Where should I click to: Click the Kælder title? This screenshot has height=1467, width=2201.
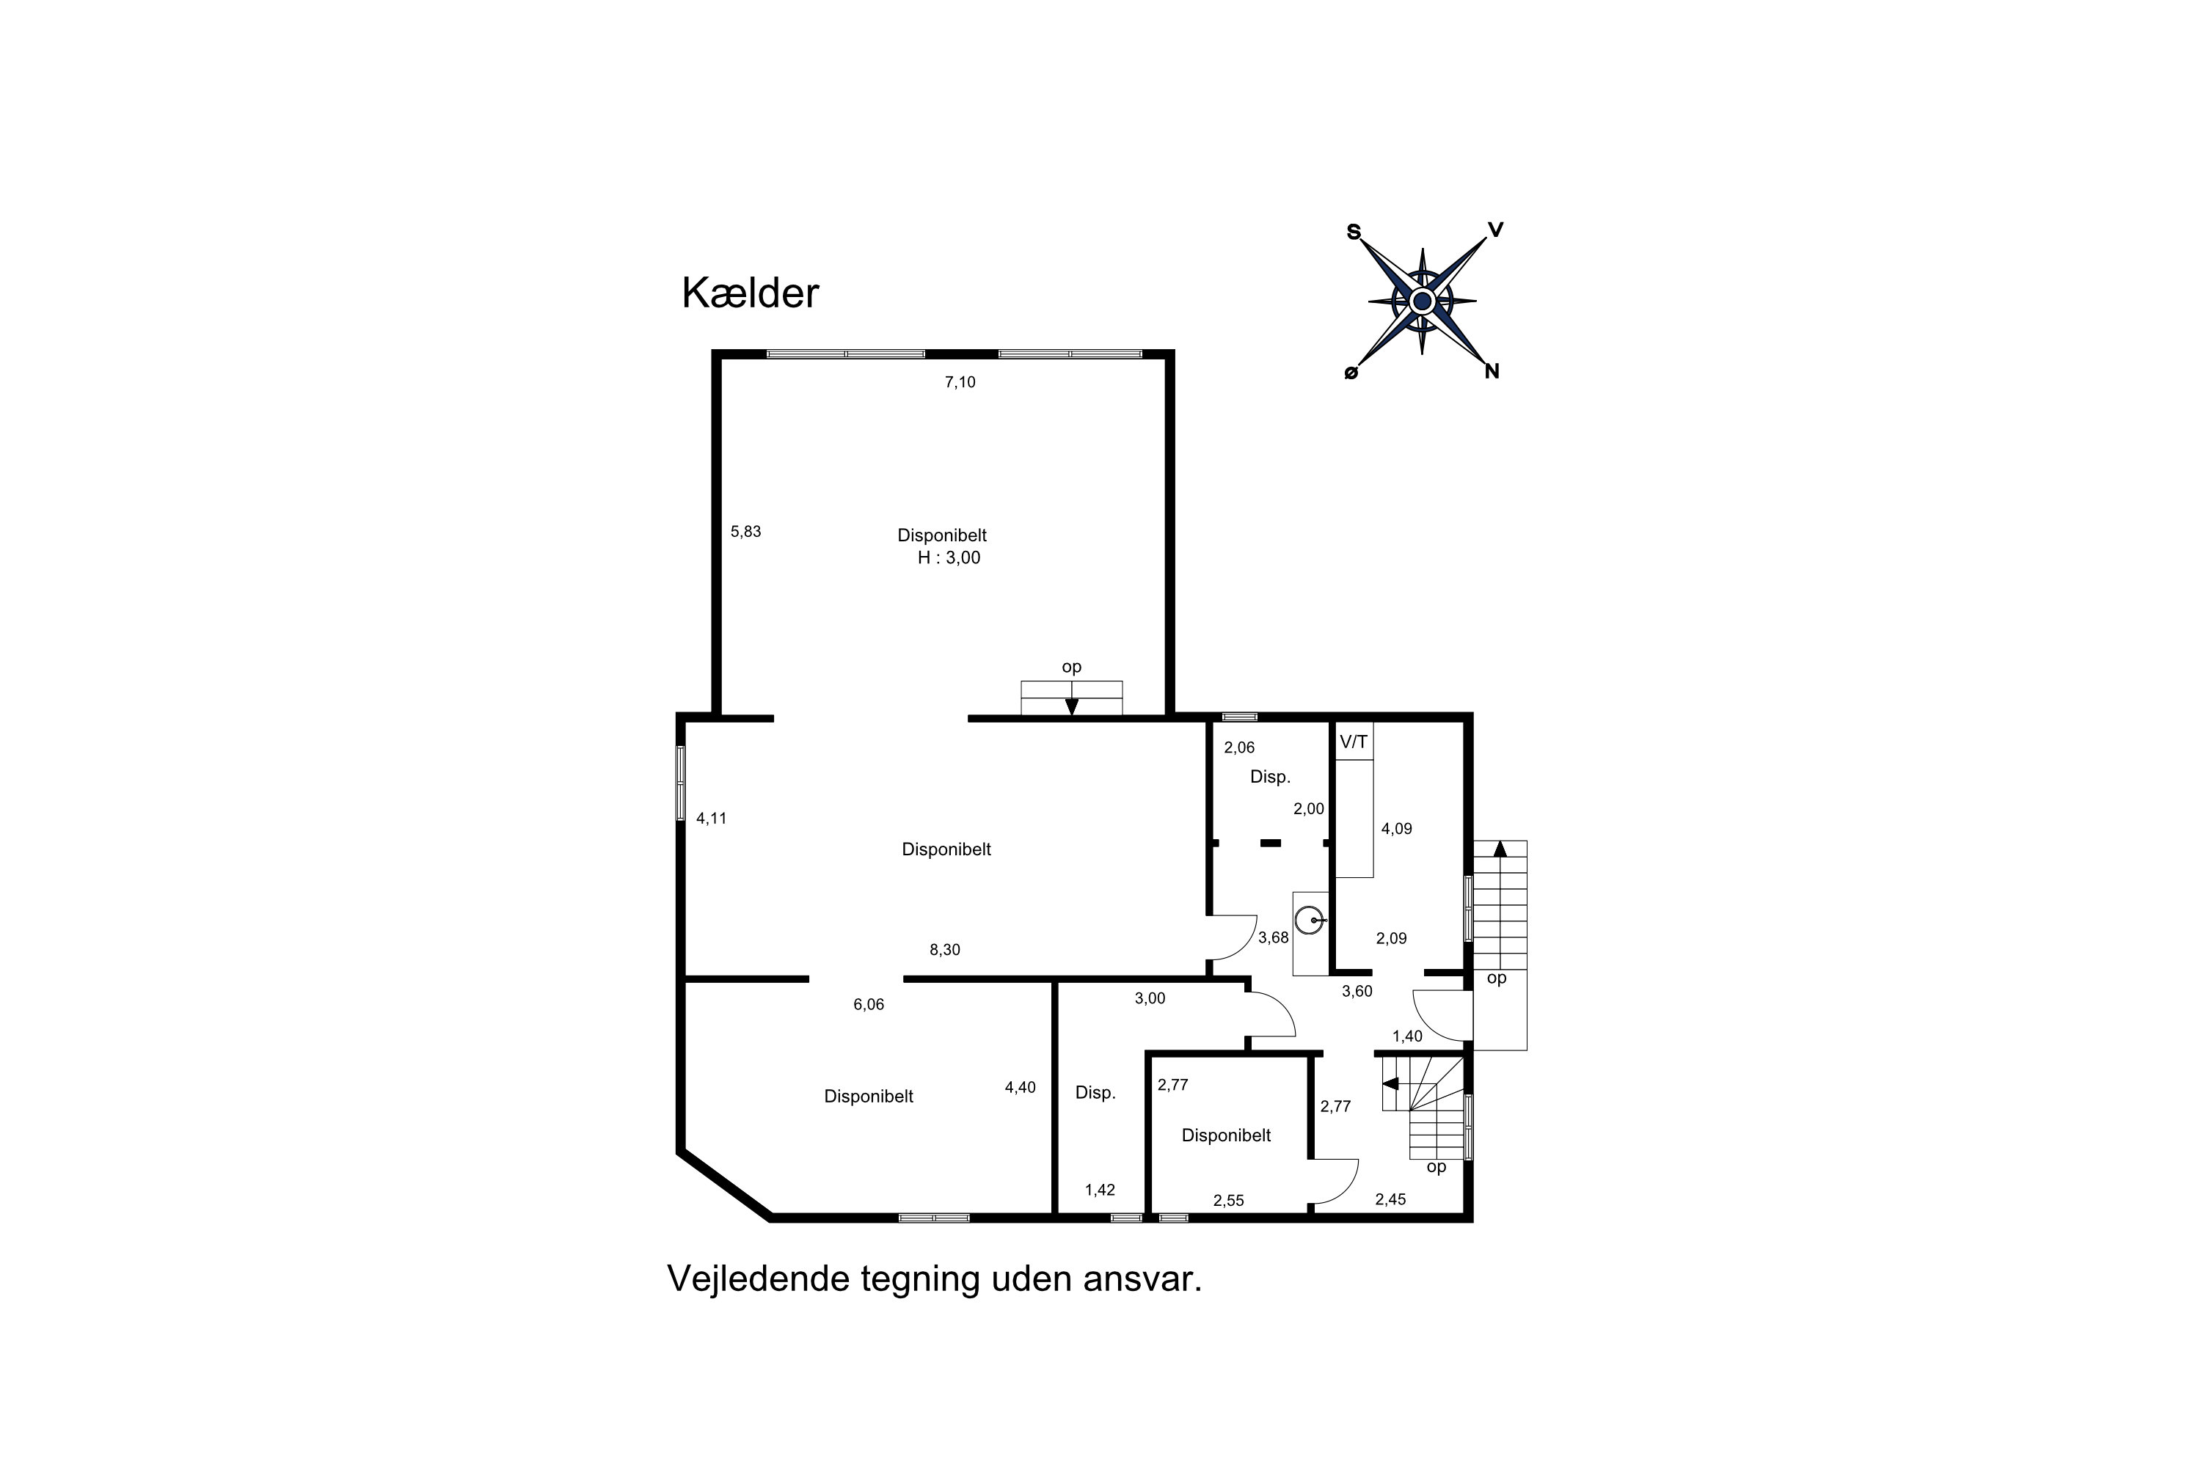click(x=750, y=294)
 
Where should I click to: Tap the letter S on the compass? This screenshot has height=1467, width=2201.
click(x=1353, y=232)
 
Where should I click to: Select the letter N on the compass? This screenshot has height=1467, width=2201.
click(x=1492, y=371)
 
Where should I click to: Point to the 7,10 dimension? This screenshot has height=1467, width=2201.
click(x=960, y=381)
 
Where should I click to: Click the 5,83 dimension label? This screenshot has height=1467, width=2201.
click(x=746, y=531)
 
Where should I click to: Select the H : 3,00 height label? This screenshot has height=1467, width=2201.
click(x=949, y=557)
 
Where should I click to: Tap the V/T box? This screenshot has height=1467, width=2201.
click(x=1353, y=742)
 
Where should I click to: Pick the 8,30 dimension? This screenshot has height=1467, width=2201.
click(x=944, y=950)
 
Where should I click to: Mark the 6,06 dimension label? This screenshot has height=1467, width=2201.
click(x=869, y=1005)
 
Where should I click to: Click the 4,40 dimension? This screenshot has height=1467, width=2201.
click(x=1020, y=1087)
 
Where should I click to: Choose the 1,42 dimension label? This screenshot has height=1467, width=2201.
click(x=1100, y=1190)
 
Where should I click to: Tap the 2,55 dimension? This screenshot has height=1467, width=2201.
click(x=1229, y=1200)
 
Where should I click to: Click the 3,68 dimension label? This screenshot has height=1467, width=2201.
click(x=1273, y=937)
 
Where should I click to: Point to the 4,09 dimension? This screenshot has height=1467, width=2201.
click(x=1396, y=828)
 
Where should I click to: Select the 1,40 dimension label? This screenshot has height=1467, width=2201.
click(x=1406, y=1036)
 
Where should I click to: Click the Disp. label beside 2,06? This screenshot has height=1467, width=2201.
click(x=1270, y=777)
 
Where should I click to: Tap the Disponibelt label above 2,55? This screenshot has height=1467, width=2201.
click(x=1226, y=1135)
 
